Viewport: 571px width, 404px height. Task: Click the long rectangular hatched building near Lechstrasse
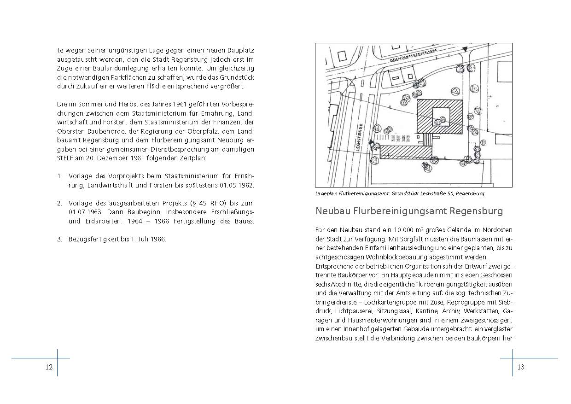pyautogui.click(x=405, y=152)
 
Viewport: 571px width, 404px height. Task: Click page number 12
pyautogui.click(x=49, y=367)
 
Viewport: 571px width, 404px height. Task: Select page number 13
pyautogui.click(x=521, y=367)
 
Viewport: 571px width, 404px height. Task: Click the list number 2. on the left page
pyautogui.click(x=60, y=203)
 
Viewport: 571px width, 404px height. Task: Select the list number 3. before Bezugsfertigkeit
pyautogui.click(x=60, y=239)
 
